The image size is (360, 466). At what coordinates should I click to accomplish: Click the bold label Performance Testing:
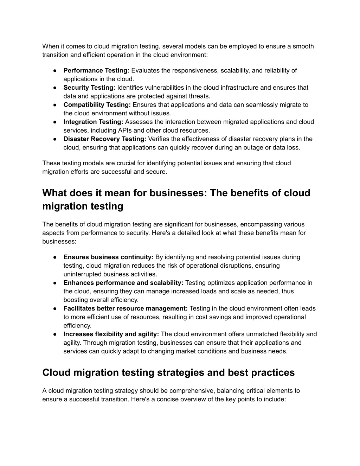96,71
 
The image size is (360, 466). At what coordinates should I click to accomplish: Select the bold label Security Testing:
89,88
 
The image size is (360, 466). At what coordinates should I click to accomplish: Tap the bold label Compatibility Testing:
97,105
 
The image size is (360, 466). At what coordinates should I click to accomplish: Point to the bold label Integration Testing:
93,122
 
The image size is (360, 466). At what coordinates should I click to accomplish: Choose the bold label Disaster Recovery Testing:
105,139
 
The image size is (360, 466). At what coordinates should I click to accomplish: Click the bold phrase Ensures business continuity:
108,257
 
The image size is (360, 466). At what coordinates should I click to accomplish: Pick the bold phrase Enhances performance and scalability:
123,283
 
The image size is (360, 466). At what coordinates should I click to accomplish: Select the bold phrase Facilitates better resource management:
126,308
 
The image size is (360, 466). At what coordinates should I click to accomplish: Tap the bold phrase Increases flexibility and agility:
111,334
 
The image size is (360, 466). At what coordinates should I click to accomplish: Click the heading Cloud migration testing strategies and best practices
168,372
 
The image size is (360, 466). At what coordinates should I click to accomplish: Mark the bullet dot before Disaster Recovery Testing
56,139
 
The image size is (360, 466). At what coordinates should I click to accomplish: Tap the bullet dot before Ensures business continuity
56,257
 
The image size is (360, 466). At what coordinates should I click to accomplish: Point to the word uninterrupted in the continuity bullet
83,274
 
